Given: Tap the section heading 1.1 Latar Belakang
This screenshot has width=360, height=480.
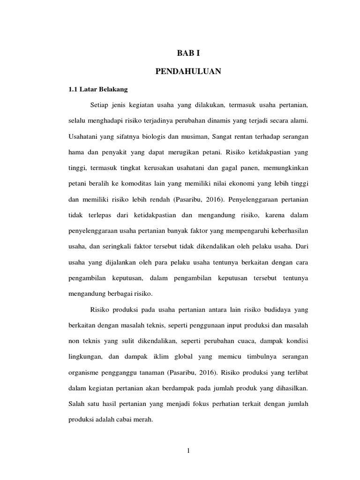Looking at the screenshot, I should tap(95, 89).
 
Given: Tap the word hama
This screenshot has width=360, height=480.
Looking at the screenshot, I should tap(76, 152).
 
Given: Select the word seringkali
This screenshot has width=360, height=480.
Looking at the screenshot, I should tap(114, 248).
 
